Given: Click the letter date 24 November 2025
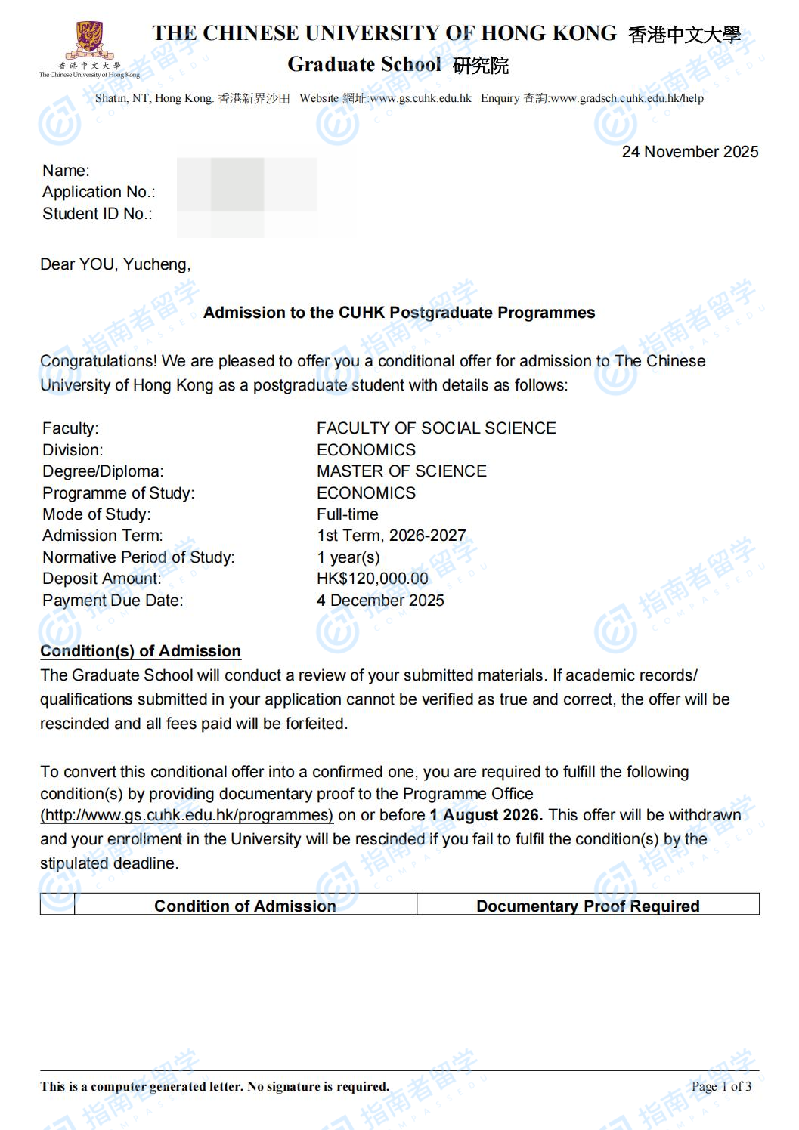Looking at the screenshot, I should pos(689,152).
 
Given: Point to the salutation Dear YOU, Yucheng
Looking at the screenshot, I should pos(115,264).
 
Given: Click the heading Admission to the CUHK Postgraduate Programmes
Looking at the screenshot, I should pos(399,313).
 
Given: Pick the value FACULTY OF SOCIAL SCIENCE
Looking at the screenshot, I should pos(436,428).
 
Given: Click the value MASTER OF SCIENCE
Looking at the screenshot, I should pos(401,471).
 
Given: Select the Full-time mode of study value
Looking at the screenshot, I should pos(347,514).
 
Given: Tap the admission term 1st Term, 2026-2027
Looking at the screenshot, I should pos(391,536).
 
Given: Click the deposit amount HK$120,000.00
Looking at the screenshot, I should pos(372,579).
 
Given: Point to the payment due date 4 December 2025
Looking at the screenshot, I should pos(380,601).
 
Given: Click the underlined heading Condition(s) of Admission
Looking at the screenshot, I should pos(141,651).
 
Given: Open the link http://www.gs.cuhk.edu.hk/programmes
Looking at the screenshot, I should pos(187,815).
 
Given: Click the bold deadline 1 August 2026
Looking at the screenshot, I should pos(485,815).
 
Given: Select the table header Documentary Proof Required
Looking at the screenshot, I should pos(587,906).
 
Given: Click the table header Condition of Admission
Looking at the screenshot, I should pos(245,906).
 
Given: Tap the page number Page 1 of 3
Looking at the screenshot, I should pos(721,1086).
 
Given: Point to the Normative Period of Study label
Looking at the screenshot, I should pos(138,557).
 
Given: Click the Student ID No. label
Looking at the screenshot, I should pos(97,214).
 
